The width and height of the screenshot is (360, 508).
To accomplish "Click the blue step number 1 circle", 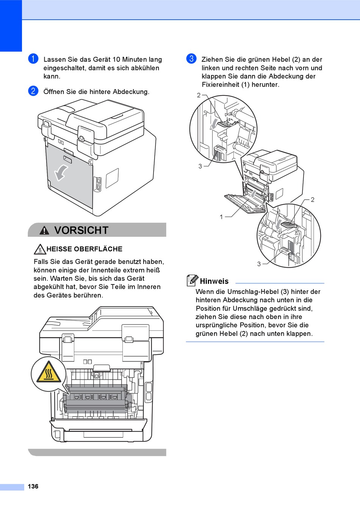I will (x=33, y=59).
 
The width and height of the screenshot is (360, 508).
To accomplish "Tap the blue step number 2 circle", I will (x=33, y=91).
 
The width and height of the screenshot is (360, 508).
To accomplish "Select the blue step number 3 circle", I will (x=191, y=59).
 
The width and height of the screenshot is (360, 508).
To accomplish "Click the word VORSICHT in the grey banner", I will (x=81, y=230).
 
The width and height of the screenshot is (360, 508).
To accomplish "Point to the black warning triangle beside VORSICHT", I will (x=44, y=230).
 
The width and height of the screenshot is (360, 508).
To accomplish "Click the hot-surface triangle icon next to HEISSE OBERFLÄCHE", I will (x=40, y=249).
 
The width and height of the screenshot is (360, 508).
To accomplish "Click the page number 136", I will (x=33, y=486).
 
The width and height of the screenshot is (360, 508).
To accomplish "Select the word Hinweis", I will (x=214, y=281).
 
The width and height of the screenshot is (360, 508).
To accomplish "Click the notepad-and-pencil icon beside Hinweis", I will (x=193, y=280).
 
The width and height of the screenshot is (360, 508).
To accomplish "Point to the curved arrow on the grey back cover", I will (x=61, y=173).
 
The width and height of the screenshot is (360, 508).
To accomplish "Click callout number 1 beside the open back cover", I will (x=221, y=217).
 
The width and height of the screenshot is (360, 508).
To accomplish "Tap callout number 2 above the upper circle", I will (x=199, y=95).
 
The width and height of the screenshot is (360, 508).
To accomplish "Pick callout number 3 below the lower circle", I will (x=259, y=264).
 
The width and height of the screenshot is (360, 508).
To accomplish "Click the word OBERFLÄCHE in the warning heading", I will (x=98, y=249).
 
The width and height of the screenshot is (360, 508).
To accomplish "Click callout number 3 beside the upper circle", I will (x=200, y=166).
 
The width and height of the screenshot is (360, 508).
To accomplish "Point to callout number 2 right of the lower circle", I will (x=313, y=200).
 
